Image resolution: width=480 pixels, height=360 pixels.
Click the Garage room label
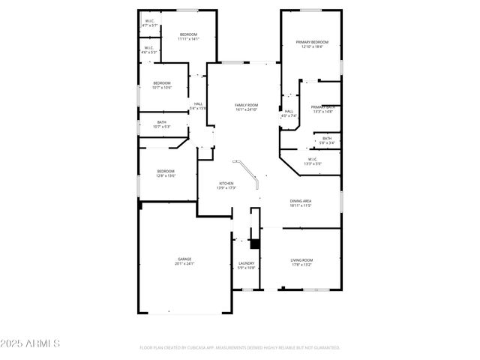click(184, 261)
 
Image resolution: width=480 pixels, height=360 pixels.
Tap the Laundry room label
click(247, 265)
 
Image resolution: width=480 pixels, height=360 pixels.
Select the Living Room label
click(301, 262)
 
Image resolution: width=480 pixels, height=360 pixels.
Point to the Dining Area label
click(301, 202)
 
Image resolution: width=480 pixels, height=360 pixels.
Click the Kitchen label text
click(226, 184)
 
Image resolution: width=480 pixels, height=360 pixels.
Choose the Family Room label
click(246, 107)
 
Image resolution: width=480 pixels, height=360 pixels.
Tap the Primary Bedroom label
click(312, 44)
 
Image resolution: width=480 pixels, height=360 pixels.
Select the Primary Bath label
click(323, 109)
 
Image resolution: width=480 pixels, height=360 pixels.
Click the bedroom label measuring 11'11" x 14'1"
click(188, 37)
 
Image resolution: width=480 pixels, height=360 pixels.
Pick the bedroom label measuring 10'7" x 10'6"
click(162, 85)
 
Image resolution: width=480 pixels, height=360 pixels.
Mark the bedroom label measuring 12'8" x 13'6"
click(166, 173)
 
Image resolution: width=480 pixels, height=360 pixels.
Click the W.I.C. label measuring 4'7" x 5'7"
click(149, 23)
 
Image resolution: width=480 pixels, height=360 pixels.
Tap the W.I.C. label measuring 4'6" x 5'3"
click(149, 50)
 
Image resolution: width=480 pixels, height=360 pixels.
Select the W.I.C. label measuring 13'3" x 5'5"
click(312, 160)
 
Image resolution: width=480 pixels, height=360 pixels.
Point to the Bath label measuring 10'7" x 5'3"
click(162, 124)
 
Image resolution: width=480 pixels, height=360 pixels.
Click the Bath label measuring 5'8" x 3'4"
click(326, 139)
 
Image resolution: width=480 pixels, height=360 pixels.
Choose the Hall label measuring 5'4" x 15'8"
click(198, 106)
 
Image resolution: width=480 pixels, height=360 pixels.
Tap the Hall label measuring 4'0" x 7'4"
click(289, 113)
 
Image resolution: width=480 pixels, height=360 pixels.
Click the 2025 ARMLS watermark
click(30, 343)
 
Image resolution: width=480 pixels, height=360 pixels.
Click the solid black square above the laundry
click(254, 244)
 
